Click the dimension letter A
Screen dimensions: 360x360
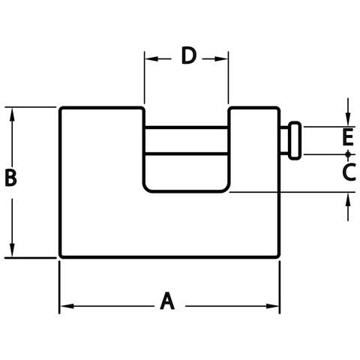coord(167,301)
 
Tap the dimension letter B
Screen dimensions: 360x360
coord(10,178)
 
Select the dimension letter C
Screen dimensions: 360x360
coord(349,172)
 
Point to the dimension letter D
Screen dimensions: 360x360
coord(188,55)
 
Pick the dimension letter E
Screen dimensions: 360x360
coord(348,137)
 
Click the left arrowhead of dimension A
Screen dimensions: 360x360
coord(67,306)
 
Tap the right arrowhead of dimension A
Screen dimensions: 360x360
coord(272,306)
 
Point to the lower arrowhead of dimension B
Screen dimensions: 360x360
coord(12,250)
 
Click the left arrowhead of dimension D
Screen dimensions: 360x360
coord(151,59)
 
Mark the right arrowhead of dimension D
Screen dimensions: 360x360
coord(220,59)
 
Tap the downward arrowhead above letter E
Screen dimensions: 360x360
coord(348,118)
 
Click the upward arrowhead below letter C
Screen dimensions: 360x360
coord(348,200)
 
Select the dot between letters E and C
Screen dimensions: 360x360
coord(348,154)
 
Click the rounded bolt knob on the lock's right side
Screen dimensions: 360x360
coord(295,141)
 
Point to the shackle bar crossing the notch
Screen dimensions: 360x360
coord(186,141)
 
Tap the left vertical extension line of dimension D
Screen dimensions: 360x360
coord(144,77)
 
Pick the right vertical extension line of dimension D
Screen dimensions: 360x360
coord(228,77)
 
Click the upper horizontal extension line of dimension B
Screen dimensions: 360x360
coord(31,107)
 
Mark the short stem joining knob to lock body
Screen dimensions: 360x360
coord(284,141)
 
